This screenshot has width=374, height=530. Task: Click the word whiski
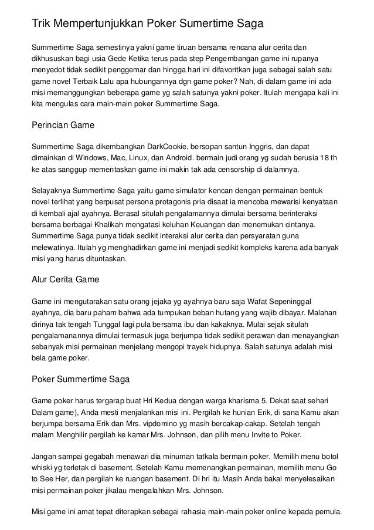coord(44,467)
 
